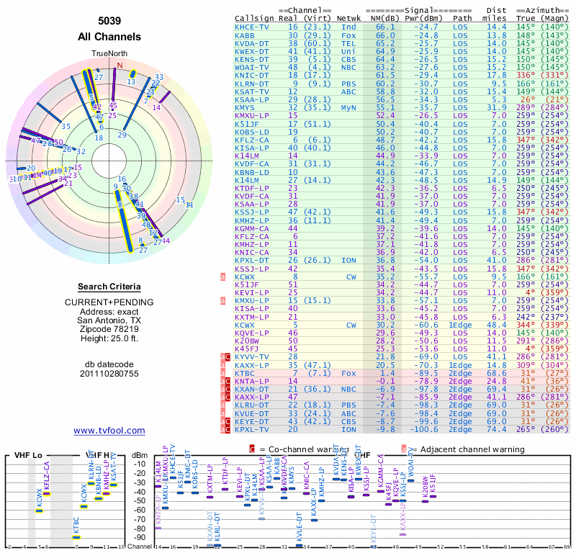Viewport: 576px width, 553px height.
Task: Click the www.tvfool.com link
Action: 109,431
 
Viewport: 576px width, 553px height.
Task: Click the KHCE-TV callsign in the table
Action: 252,26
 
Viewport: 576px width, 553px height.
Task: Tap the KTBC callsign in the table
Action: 245,373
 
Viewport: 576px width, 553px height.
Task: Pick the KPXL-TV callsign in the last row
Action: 252,429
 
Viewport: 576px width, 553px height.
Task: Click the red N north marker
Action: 120,66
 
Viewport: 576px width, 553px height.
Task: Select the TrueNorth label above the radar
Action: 109,55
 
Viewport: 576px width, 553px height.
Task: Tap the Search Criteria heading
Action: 109,287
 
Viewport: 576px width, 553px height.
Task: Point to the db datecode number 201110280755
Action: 109,374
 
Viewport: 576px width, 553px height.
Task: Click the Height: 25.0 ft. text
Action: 109,339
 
